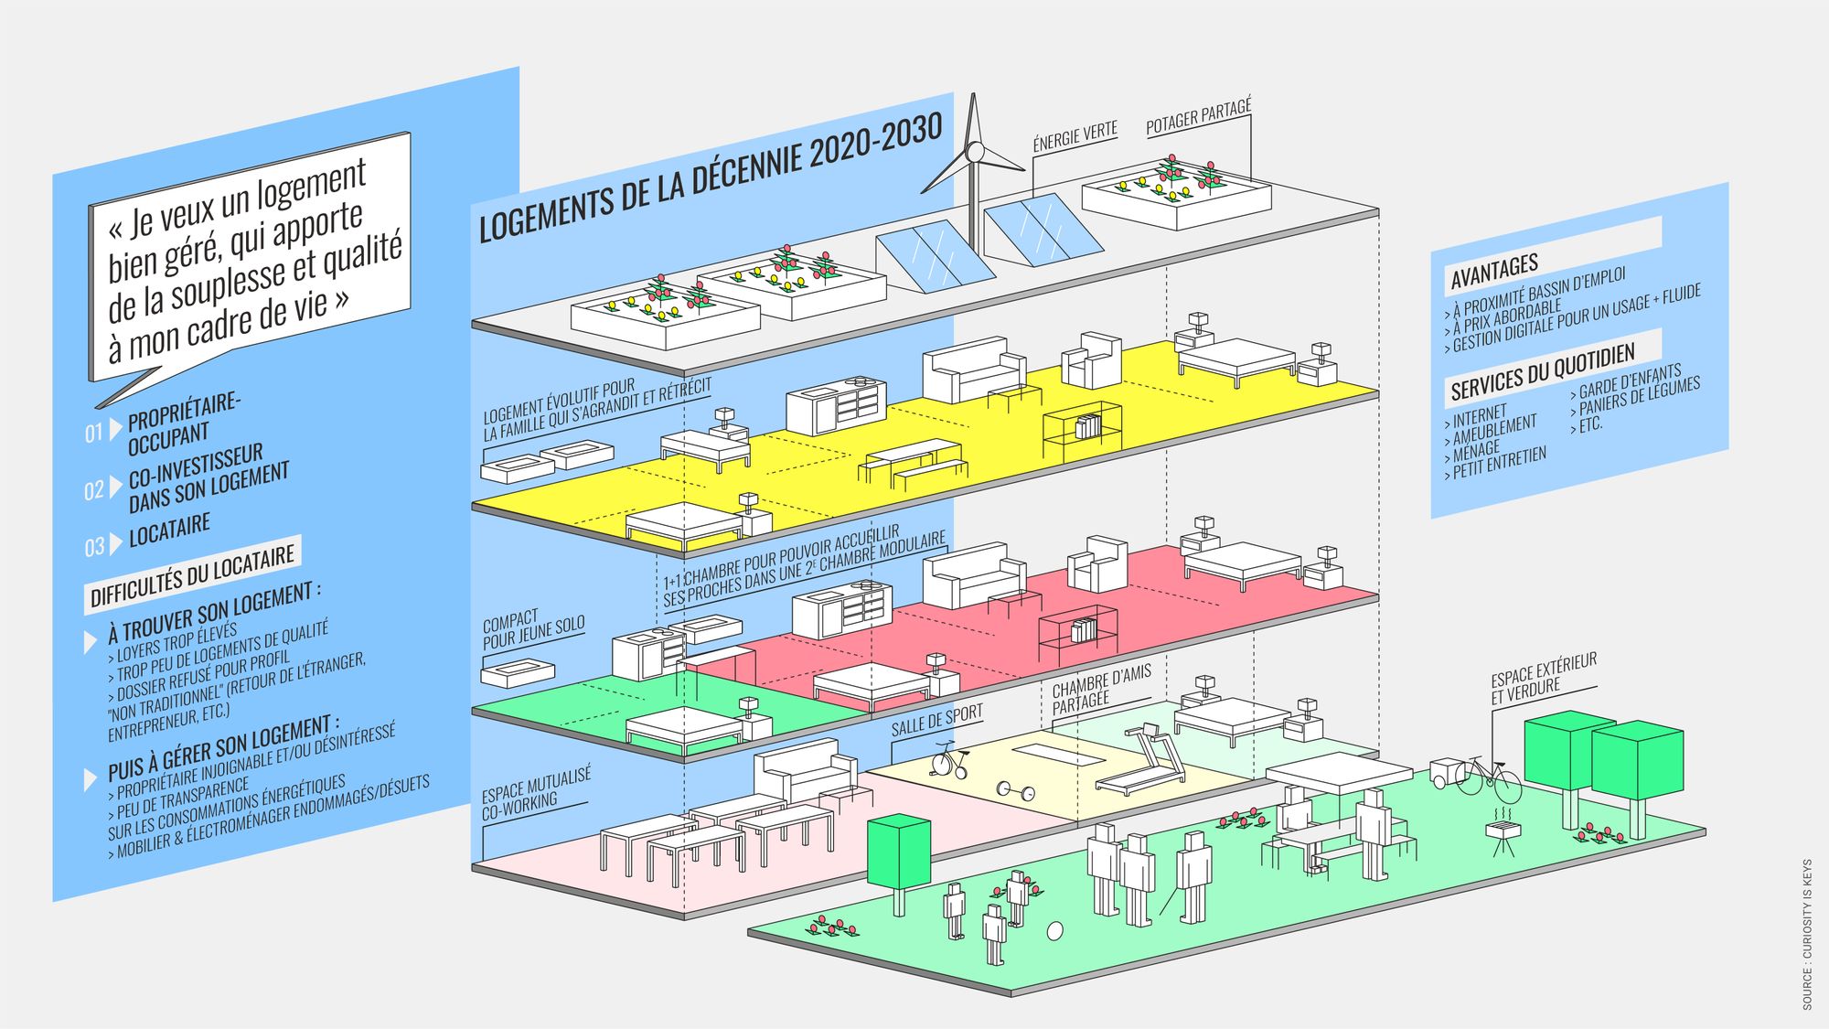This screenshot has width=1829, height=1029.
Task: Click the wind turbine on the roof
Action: (x=975, y=155)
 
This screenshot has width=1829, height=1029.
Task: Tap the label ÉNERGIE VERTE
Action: (x=1075, y=137)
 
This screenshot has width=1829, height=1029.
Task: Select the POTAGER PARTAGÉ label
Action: (x=1198, y=117)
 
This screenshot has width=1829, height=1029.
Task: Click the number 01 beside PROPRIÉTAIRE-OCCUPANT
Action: (x=94, y=433)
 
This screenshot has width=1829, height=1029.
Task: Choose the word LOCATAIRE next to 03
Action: (x=169, y=530)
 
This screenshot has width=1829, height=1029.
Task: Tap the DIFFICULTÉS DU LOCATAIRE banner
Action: (x=192, y=573)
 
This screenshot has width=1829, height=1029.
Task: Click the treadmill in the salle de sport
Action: (x=1143, y=759)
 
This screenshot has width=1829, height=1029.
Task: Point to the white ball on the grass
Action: (x=1055, y=930)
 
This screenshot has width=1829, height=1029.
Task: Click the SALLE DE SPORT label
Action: (x=936, y=720)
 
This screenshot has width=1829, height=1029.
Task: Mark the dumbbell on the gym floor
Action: (x=1014, y=789)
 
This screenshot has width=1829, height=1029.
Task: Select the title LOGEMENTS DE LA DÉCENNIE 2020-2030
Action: (x=711, y=178)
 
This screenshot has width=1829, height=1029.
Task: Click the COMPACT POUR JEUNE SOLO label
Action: (x=532, y=630)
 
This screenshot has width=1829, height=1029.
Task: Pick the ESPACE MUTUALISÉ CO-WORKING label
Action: (x=536, y=793)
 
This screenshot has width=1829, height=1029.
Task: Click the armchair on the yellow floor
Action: (x=1092, y=359)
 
